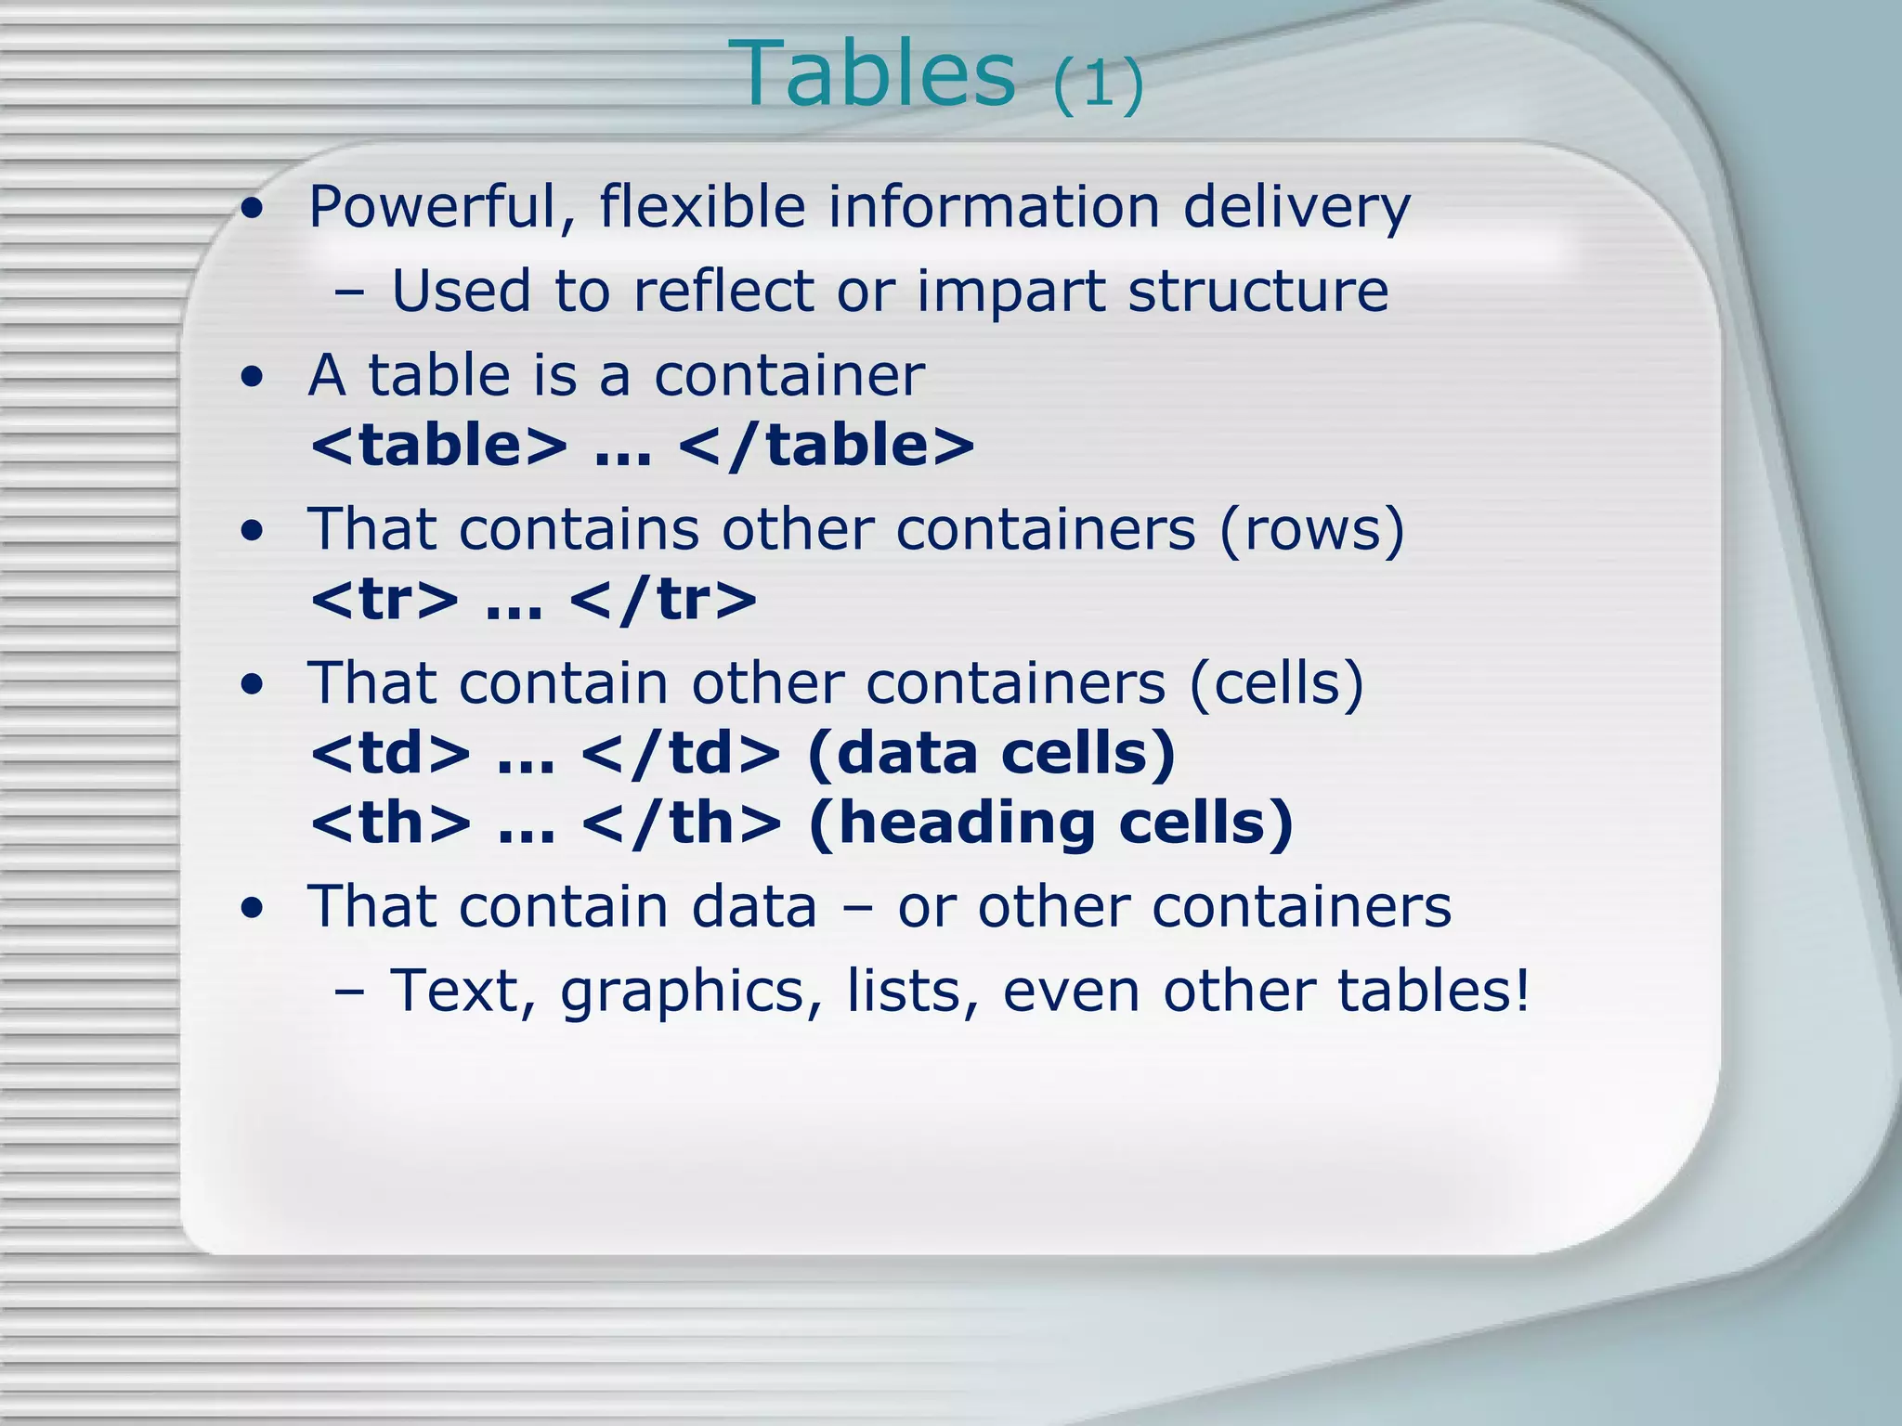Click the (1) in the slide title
(x=1098, y=85)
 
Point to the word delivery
(x=1296, y=208)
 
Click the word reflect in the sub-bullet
(x=723, y=291)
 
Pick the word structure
(x=1257, y=292)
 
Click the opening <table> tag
(x=438, y=446)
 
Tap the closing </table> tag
(x=827, y=446)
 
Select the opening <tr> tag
(x=384, y=600)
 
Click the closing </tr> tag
(x=663, y=600)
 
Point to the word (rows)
(x=1311, y=530)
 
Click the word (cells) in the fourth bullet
(x=1276, y=684)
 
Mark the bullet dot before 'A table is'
(x=251, y=378)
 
